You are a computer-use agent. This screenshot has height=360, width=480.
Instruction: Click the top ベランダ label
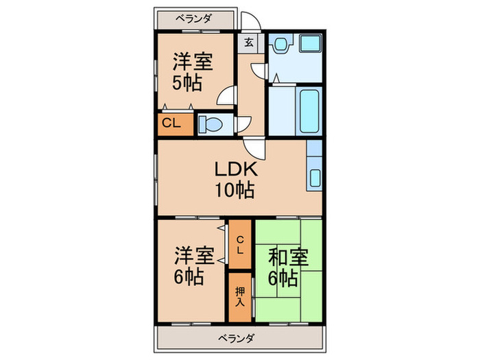coord(196,19)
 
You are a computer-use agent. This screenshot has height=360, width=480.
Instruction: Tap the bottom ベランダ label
coord(238,338)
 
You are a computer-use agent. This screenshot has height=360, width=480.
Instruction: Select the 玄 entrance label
coord(249,42)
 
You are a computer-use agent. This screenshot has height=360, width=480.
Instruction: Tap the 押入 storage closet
coord(240,298)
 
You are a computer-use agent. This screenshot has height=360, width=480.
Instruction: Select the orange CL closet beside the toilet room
coord(171,124)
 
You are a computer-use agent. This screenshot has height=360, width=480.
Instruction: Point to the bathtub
coord(309,110)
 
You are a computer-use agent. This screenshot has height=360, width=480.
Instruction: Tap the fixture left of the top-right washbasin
coord(280,45)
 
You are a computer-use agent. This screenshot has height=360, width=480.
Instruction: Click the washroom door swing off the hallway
coord(259,71)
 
